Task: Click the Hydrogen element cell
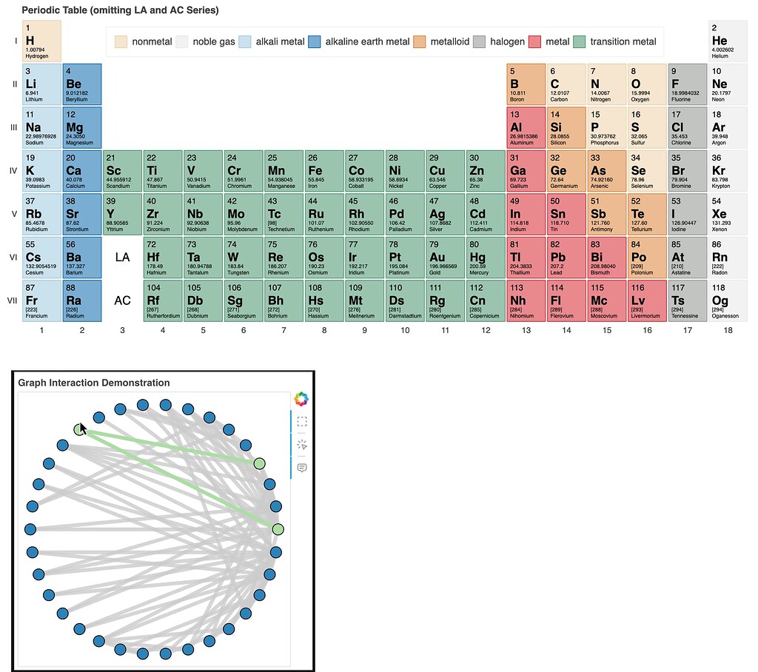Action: (x=41, y=41)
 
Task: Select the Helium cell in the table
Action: (x=728, y=41)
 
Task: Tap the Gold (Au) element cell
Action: (x=445, y=257)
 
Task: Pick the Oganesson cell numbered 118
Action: (x=728, y=300)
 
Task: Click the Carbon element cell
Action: (x=566, y=84)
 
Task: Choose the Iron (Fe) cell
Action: (x=324, y=170)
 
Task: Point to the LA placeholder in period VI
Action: (x=122, y=258)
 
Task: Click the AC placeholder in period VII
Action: (x=122, y=300)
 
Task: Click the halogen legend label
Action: (x=507, y=42)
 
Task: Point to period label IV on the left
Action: (x=13, y=171)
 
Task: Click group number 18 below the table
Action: (x=728, y=330)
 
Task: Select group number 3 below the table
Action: (x=122, y=330)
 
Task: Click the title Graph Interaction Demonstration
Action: (x=94, y=383)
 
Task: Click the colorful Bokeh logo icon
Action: (x=301, y=400)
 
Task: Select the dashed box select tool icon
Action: (x=301, y=422)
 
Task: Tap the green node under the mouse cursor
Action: (x=79, y=429)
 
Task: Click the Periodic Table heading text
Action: (x=120, y=10)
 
